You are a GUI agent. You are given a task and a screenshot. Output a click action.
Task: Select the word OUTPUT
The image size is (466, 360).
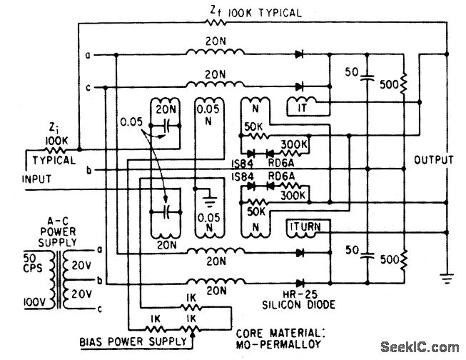click(433, 161)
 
